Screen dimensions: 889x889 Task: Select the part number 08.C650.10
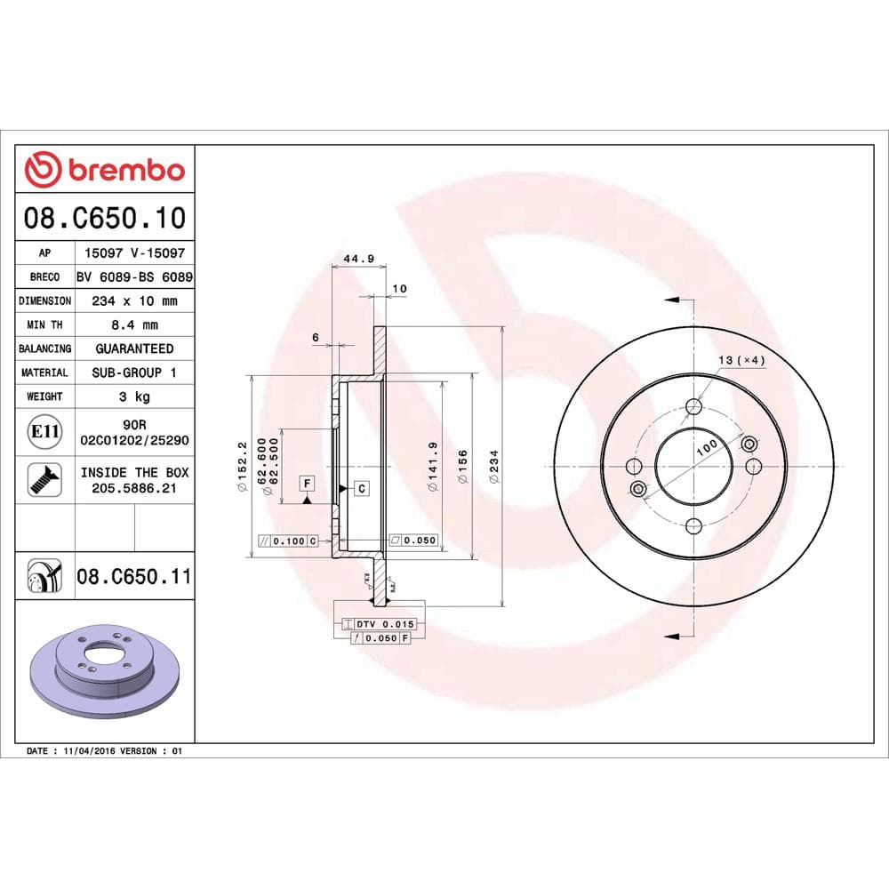[106, 218]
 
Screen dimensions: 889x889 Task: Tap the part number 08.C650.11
[133, 576]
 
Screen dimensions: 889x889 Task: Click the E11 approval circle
[44, 433]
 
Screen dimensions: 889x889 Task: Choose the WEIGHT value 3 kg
[134, 396]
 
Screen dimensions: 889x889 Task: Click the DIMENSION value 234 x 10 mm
[134, 301]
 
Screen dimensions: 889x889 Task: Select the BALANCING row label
[44, 349]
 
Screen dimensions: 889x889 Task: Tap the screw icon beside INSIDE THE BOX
[44, 479]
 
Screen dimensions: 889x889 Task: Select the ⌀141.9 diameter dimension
[433, 463]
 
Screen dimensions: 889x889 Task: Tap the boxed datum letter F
[307, 484]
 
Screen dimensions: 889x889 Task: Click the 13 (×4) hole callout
[741, 360]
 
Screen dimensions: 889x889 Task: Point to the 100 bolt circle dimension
[707, 446]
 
